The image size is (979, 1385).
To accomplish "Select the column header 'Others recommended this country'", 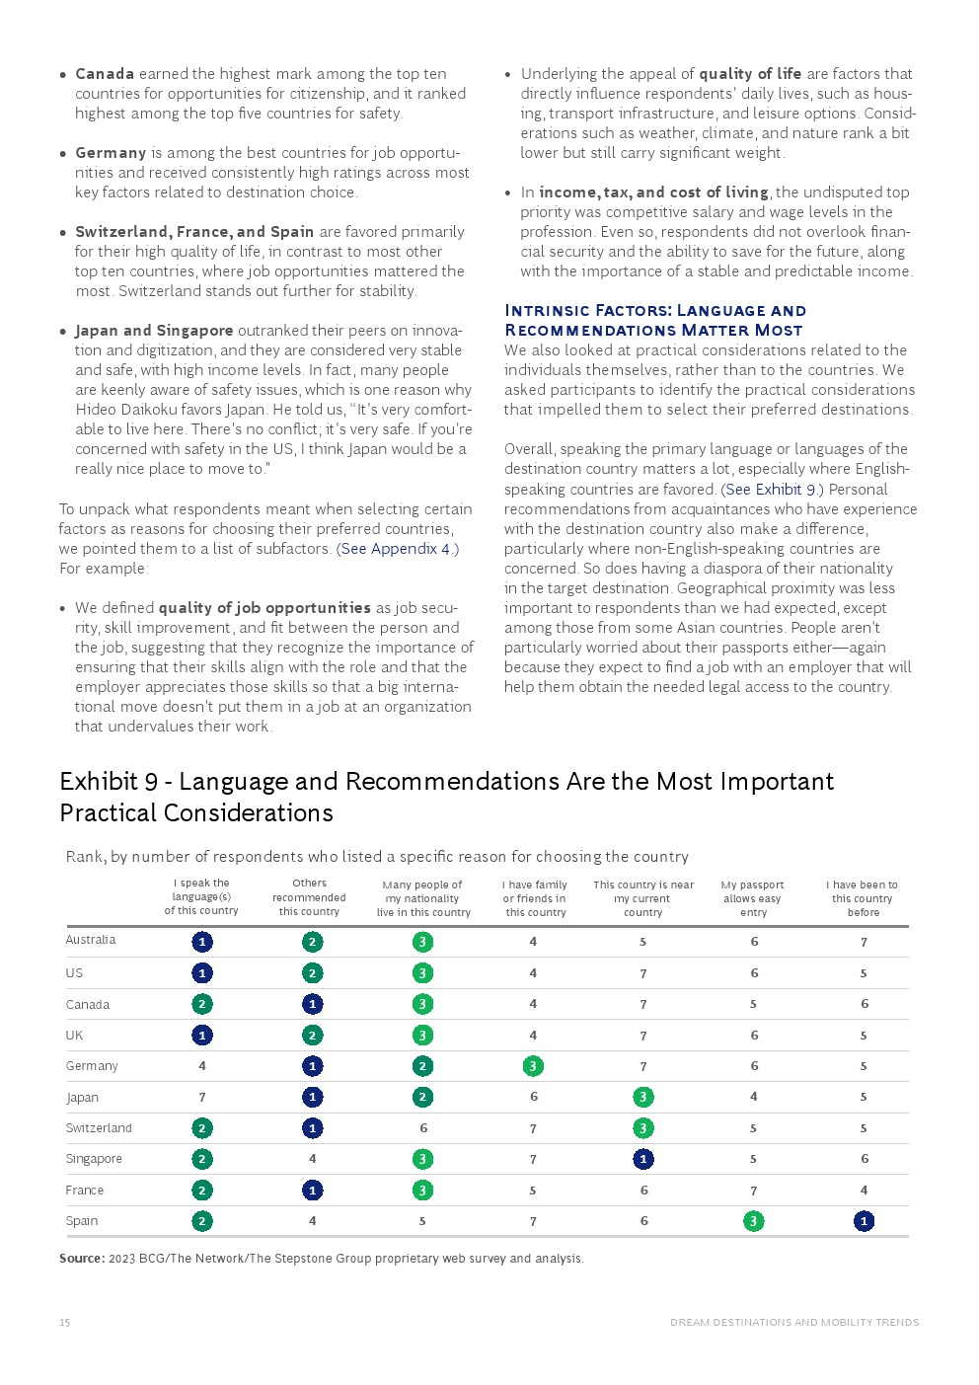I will (x=309, y=897).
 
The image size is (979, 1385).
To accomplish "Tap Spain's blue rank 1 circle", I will (x=864, y=1221).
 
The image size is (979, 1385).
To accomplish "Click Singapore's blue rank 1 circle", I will (x=643, y=1159).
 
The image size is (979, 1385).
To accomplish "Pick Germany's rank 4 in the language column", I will (x=202, y=1066).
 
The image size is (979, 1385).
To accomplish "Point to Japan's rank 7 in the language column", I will (x=202, y=1097).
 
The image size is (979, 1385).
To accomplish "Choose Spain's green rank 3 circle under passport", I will (x=753, y=1221).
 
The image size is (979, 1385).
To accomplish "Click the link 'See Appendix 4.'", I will (x=397, y=549).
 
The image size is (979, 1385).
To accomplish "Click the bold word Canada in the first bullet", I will (x=105, y=74).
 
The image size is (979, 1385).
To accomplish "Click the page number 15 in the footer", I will (x=64, y=1323).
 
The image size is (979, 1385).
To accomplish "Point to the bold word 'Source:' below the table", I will (x=82, y=1259).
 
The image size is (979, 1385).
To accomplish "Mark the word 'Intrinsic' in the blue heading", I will (x=547, y=311).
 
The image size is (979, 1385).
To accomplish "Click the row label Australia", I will (x=91, y=940).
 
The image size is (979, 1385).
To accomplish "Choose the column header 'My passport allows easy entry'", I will (x=753, y=898).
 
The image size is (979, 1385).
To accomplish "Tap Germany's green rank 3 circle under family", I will (x=533, y=1066).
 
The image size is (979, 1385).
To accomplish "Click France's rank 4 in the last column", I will (x=864, y=1191).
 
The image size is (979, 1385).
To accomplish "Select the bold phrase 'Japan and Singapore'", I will (x=154, y=331).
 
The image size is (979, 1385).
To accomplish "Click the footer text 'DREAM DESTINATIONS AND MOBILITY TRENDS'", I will (x=794, y=1323).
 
